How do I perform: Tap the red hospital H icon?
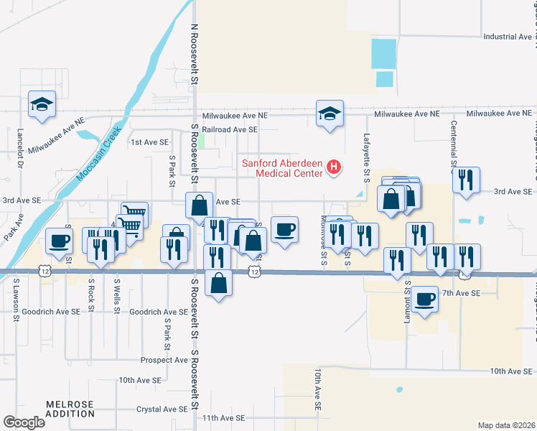point(333,167)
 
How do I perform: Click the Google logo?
point(24,422)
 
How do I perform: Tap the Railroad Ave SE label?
point(230,129)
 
